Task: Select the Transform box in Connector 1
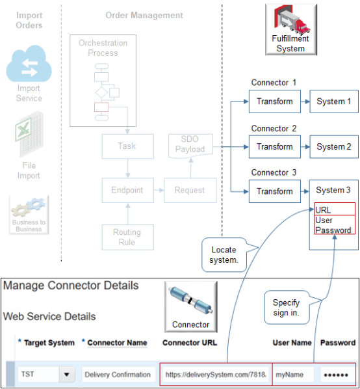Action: tap(274, 101)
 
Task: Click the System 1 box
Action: tap(333, 101)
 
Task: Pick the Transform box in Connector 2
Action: tap(274, 147)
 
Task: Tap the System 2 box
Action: tap(333, 147)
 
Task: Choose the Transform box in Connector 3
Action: tap(274, 191)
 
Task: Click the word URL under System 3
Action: tap(323, 210)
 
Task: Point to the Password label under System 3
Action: tap(333, 230)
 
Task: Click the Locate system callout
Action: tap(224, 254)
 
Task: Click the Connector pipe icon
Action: tap(190, 304)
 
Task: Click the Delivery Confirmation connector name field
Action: tap(117, 375)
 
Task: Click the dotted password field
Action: tap(337, 375)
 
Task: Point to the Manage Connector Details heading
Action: tap(71, 285)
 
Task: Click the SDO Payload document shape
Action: tap(189, 144)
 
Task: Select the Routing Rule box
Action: tap(127, 237)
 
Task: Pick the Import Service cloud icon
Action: tap(29, 66)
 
